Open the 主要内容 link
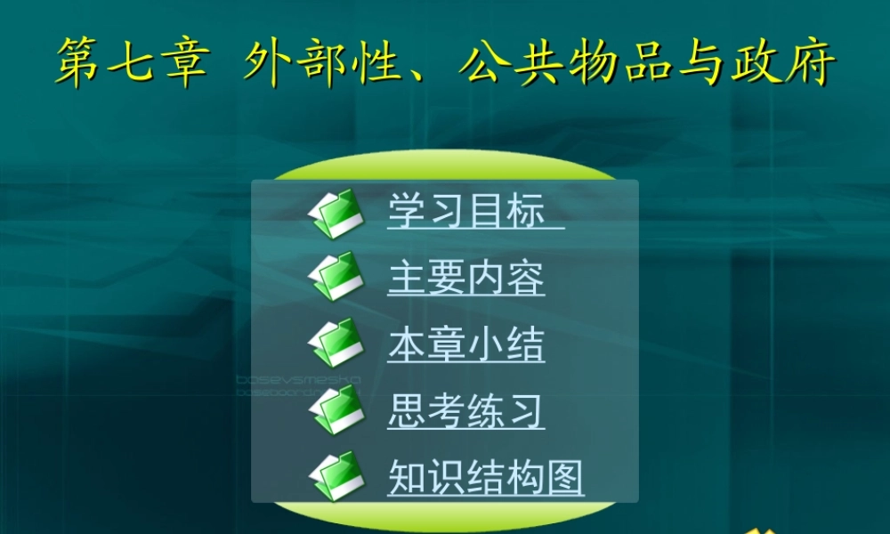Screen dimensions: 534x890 click(x=465, y=277)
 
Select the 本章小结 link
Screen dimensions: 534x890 click(x=465, y=344)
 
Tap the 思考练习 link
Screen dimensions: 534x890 click(x=465, y=411)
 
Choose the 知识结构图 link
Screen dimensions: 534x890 click(x=485, y=478)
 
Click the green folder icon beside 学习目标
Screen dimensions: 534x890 click(x=336, y=213)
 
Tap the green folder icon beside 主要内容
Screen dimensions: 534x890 click(x=336, y=277)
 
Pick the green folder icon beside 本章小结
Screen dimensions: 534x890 click(x=336, y=344)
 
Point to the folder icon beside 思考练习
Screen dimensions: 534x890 click(x=336, y=410)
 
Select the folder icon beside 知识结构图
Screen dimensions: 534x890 click(x=336, y=477)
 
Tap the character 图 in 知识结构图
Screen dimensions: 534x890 click(x=564, y=478)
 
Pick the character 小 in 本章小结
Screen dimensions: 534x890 click(x=485, y=344)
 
